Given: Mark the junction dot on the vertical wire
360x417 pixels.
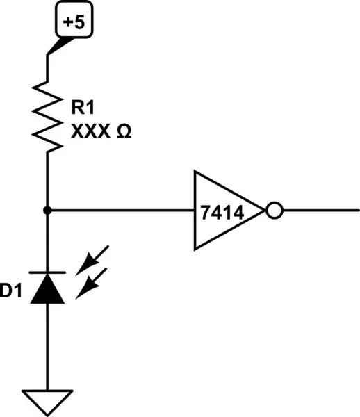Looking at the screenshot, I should [47, 209].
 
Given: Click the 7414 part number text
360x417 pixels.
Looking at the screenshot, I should [220, 211].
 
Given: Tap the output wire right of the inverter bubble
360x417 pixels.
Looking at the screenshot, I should [320, 210].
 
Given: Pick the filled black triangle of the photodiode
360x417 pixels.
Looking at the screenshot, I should [47, 289].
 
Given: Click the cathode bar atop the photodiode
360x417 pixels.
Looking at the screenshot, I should [47, 272].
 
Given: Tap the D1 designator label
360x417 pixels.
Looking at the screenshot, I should [12, 292].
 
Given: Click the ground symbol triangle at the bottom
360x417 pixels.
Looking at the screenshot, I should [47, 399].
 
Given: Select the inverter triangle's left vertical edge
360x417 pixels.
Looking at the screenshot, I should [195, 210].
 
